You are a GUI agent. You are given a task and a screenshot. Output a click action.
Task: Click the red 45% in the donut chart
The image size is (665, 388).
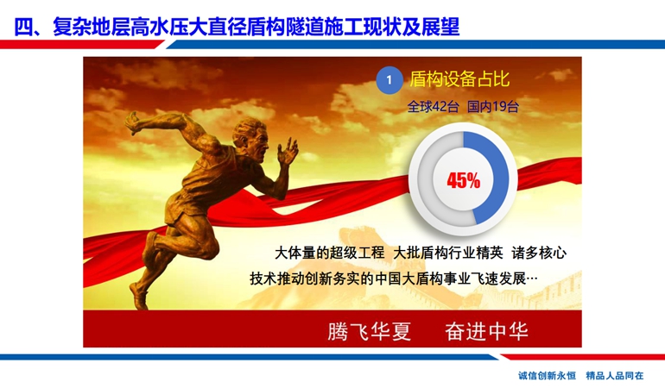click(x=463, y=181)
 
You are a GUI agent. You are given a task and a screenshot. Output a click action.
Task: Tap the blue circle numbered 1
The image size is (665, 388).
click(x=389, y=80)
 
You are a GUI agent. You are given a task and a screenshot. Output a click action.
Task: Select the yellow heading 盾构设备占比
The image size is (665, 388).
click(x=459, y=79)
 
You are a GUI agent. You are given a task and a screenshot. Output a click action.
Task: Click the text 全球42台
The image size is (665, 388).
click(x=433, y=106)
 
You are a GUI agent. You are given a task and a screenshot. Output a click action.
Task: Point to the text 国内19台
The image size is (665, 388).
click(x=493, y=106)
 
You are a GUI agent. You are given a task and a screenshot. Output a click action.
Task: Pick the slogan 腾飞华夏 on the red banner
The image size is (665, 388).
click(x=369, y=331)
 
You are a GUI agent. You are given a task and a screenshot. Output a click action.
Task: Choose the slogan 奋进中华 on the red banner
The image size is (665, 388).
click(x=486, y=331)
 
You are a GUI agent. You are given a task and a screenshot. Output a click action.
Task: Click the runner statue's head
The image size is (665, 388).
click(x=250, y=136)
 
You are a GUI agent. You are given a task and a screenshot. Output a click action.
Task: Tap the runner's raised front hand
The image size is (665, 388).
click(x=288, y=151)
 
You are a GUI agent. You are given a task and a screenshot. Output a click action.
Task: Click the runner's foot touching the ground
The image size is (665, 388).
click(x=139, y=296)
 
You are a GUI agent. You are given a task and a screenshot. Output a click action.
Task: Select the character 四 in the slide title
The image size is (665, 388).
click(x=24, y=26)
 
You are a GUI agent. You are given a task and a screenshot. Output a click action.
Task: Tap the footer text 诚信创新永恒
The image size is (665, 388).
click(x=547, y=375)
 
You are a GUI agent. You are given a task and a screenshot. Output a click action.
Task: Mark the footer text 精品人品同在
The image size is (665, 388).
click(x=615, y=375)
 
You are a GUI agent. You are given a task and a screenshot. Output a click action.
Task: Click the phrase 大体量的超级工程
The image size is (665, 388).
click(x=330, y=253)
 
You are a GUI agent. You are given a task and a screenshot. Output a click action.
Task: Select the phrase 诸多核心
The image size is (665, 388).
click(x=539, y=253)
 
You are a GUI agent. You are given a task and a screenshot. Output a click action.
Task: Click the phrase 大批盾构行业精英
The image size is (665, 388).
click(x=448, y=253)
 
